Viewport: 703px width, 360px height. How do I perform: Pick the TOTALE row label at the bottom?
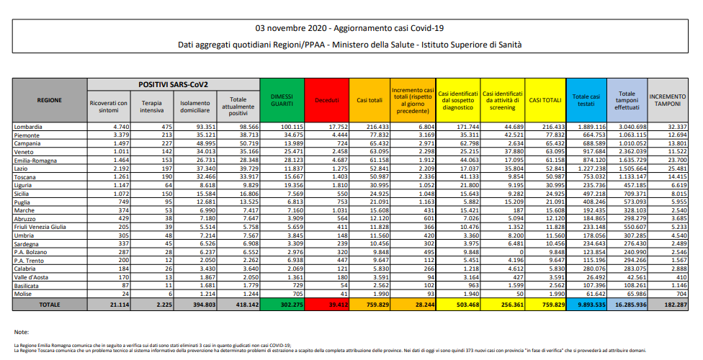pyautogui.click(x=50, y=305)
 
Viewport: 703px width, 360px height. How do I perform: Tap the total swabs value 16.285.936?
pyautogui.click(x=627, y=305)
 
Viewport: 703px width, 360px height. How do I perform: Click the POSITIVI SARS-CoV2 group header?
pyautogui.click(x=173, y=84)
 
